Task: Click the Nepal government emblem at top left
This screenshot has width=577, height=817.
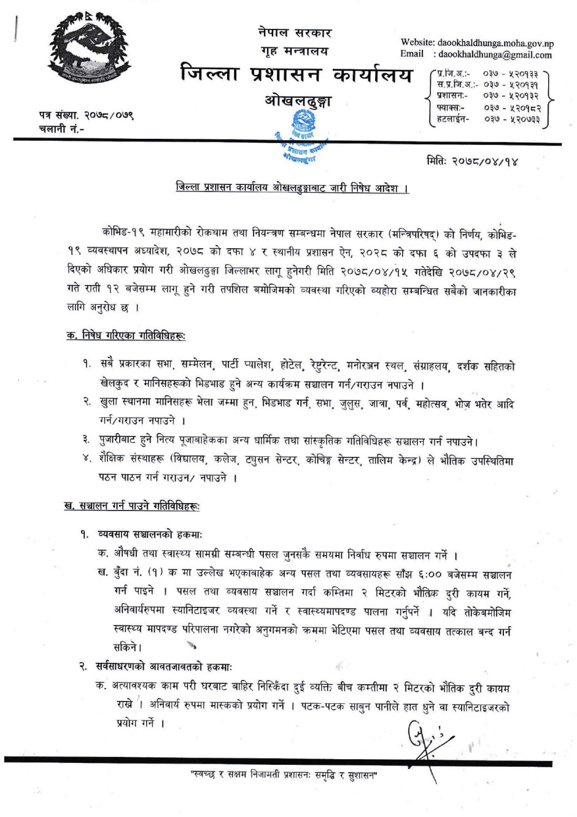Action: pyautogui.click(x=90, y=49)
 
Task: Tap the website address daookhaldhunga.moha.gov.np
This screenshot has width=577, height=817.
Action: pyautogui.click(x=495, y=43)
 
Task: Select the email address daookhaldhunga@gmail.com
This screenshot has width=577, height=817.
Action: pyautogui.click(x=495, y=55)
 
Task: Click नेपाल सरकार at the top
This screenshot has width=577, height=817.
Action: pyautogui.click(x=295, y=33)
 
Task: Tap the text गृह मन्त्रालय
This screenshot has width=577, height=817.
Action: pyautogui.click(x=295, y=51)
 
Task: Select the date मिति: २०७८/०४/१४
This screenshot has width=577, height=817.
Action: pyautogui.click(x=472, y=162)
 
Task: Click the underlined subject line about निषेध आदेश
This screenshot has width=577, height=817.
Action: pyautogui.click(x=292, y=187)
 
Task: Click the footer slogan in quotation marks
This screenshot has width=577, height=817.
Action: pyautogui.click(x=284, y=775)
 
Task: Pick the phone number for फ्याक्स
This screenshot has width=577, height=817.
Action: pyautogui.click(x=511, y=107)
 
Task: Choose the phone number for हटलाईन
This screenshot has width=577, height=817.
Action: pyautogui.click(x=511, y=119)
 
